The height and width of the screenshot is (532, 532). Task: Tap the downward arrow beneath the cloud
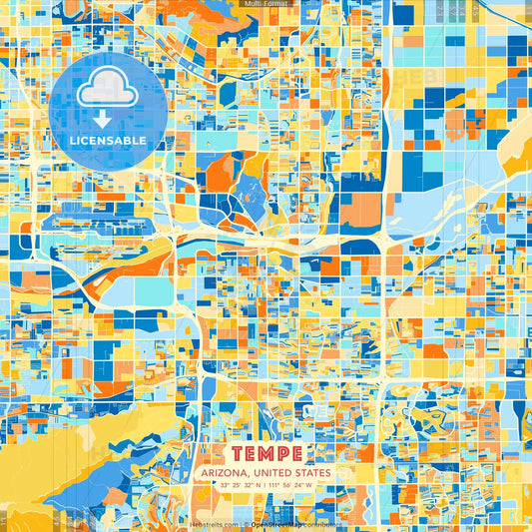coord(106,119)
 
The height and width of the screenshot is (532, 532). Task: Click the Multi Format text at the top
coord(266,5)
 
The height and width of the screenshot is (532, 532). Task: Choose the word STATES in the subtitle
coord(314,472)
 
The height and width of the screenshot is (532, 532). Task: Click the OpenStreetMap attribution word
coord(276,523)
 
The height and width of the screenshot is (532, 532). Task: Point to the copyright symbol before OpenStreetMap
coord(246,523)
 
